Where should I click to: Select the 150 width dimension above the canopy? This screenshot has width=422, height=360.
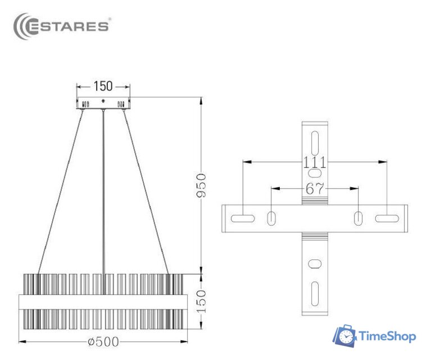click(103, 86)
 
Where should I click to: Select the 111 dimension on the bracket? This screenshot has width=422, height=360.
click(314, 163)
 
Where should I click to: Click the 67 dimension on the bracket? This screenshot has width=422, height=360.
click(315, 188)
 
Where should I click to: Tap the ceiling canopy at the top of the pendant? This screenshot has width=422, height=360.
click(103, 103)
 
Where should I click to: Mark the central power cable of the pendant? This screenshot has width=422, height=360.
click(103, 191)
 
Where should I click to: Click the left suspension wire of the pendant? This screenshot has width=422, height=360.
click(60, 191)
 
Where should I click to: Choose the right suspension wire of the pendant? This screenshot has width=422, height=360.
click(146, 191)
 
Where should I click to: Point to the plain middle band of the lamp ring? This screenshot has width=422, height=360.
click(103, 301)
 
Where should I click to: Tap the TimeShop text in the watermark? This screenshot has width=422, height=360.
click(387, 336)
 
